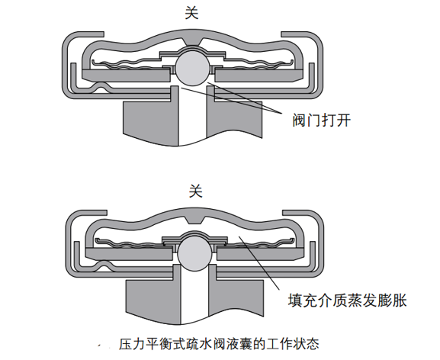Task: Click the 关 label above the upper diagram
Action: (x=191, y=13)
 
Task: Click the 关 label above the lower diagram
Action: (x=195, y=191)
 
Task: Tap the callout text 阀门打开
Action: (x=321, y=121)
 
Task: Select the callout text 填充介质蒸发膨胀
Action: (x=348, y=301)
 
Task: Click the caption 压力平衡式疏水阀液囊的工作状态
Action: (x=219, y=344)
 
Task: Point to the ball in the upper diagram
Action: (x=192, y=69)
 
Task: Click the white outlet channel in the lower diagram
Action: (x=194, y=296)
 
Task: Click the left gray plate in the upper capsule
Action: (x=127, y=76)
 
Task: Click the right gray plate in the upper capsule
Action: (x=259, y=76)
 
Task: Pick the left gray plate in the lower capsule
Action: (x=129, y=254)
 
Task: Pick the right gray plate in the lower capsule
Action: (x=260, y=254)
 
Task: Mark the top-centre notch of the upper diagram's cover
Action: (x=192, y=41)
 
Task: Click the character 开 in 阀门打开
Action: (x=343, y=121)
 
